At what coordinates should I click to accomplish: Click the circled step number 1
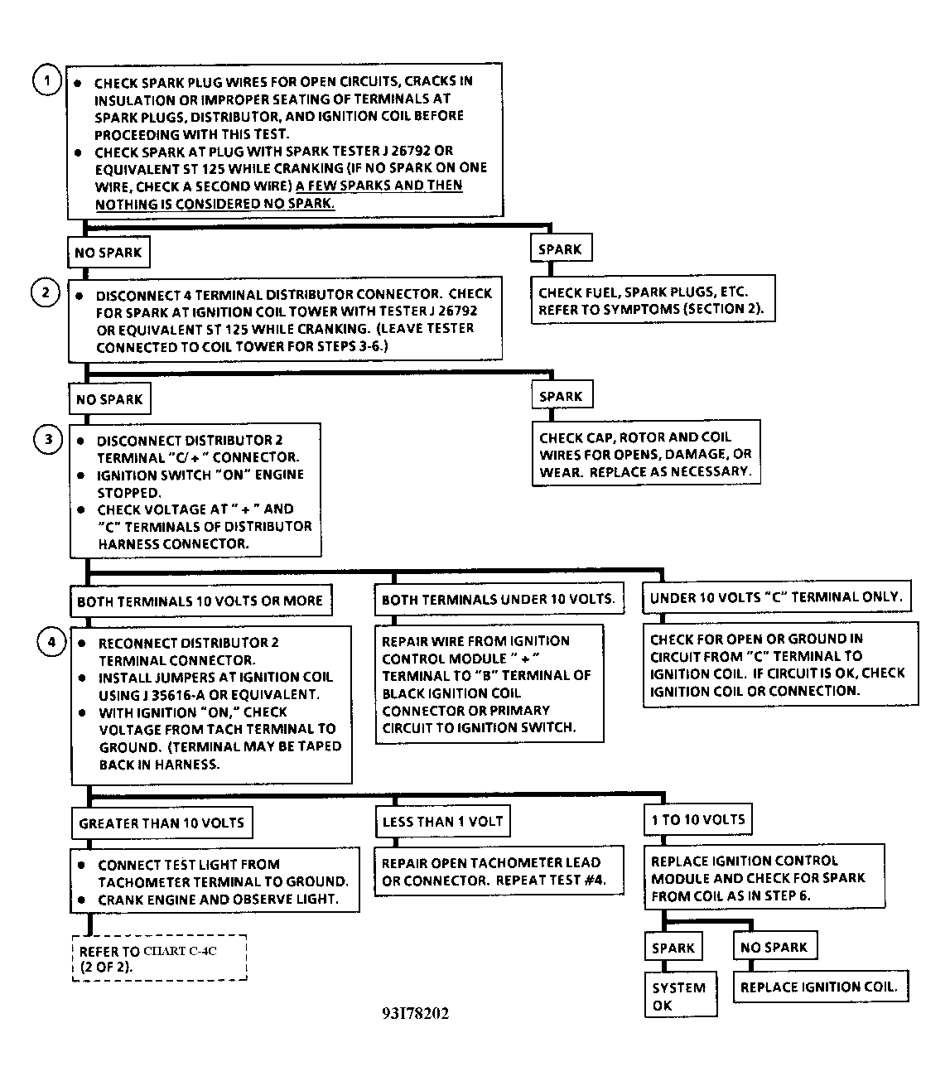click(x=47, y=80)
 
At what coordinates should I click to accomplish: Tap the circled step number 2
click(x=46, y=292)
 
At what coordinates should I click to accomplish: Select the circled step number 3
click(x=48, y=439)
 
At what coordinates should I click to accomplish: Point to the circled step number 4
click(x=51, y=642)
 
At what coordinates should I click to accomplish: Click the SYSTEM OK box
click(x=680, y=995)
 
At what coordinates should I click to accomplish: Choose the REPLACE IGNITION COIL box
click(x=819, y=987)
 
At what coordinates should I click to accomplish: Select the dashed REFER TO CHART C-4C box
click(x=159, y=959)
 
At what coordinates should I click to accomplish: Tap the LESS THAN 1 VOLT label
click(x=442, y=822)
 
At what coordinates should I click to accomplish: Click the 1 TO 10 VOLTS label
click(x=697, y=819)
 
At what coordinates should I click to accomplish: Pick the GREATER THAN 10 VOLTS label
click(x=162, y=823)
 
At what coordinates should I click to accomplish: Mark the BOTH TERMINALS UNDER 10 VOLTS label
click(x=498, y=599)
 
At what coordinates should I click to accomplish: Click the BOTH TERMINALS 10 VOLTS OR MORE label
click(x=200, y=601)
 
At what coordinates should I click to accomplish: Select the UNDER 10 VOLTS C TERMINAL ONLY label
click(x=776, y=596)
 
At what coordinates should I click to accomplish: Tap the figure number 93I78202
click(x=416, y=1013)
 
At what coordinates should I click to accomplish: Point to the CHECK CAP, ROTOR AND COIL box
click(x=646, y=454)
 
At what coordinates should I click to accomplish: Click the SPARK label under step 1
click(x=560, y=249)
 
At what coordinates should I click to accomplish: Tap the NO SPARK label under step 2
click(x=109, y=399)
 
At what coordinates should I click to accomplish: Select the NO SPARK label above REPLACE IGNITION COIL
click(x=774, y=947)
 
